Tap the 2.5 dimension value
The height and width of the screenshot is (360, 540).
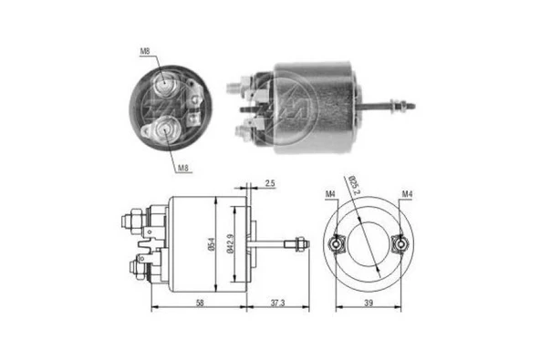[271, 184]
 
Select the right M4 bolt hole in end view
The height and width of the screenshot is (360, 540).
[399, 245]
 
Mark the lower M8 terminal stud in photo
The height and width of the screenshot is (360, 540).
[168, 132]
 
